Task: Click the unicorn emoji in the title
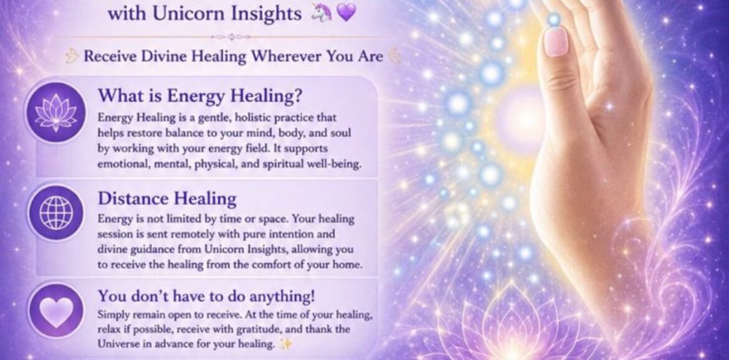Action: [x=322, y=12]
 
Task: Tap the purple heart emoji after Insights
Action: [x=346, y=12]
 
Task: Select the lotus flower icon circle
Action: [x=56, y=112]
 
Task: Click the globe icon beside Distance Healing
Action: [x=56, y=212]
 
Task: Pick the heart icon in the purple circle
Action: [x=56, y=311]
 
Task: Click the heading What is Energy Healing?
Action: [x=200, y=96]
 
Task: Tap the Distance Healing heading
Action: [x=167, y=198]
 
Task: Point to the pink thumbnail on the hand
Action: [x=556, y=42]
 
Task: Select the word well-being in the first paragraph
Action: [x=338, y=164]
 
